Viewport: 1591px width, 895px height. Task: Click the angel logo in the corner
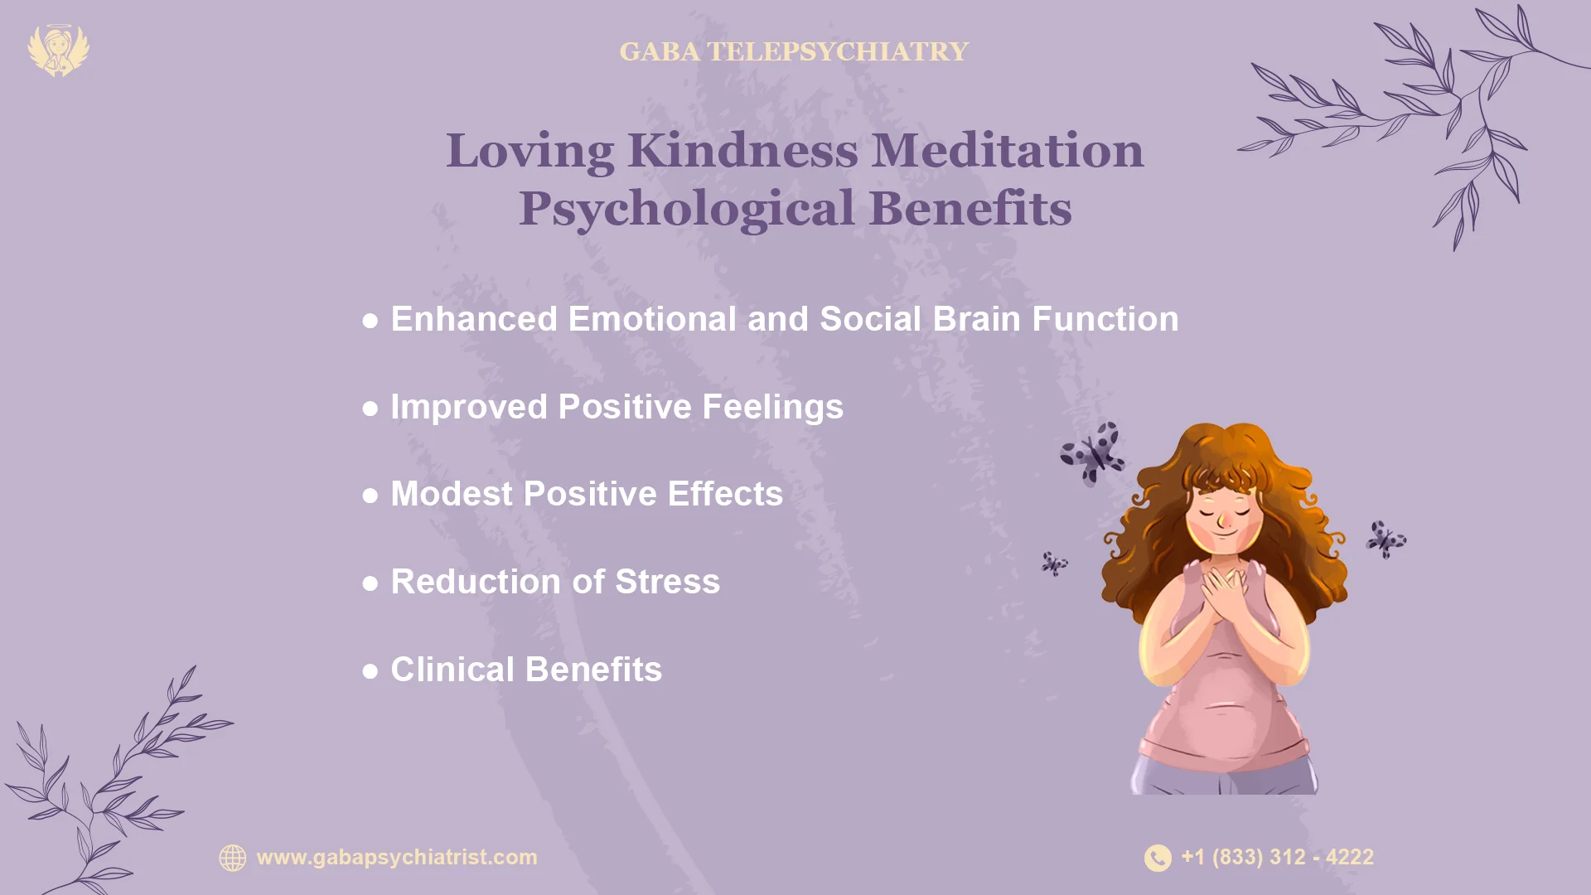pos(58,51)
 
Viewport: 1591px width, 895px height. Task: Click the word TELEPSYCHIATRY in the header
pos(837,51)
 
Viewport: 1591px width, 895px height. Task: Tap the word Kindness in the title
pos(742,151)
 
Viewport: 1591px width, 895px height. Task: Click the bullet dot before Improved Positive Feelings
pos(370,409)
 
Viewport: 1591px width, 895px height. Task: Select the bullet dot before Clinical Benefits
pos(370,670)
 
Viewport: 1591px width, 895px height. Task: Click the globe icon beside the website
pos(233,858)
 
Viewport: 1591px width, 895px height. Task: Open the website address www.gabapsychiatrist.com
pos(397,857)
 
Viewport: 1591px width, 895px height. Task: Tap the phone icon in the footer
pos(1158,858)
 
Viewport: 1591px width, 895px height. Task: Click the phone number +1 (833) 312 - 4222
pos(1277,857)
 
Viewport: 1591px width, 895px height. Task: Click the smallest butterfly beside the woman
pos(1054,564)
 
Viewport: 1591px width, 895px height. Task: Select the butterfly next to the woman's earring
pos(1385,539)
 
